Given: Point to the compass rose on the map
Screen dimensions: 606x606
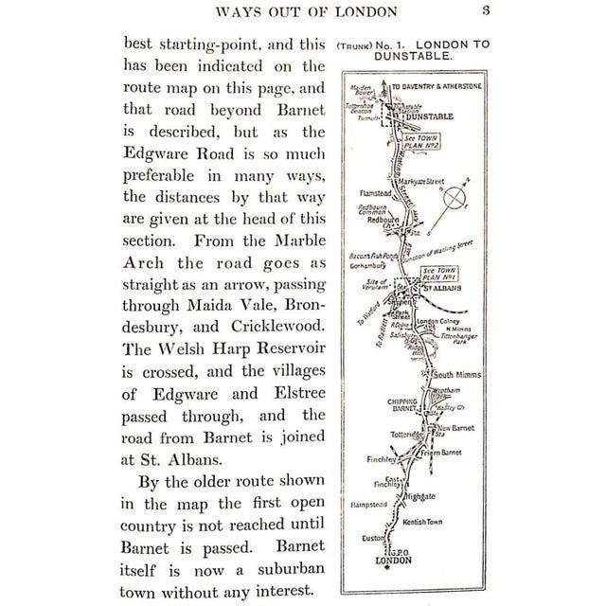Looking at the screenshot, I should point(456,198).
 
